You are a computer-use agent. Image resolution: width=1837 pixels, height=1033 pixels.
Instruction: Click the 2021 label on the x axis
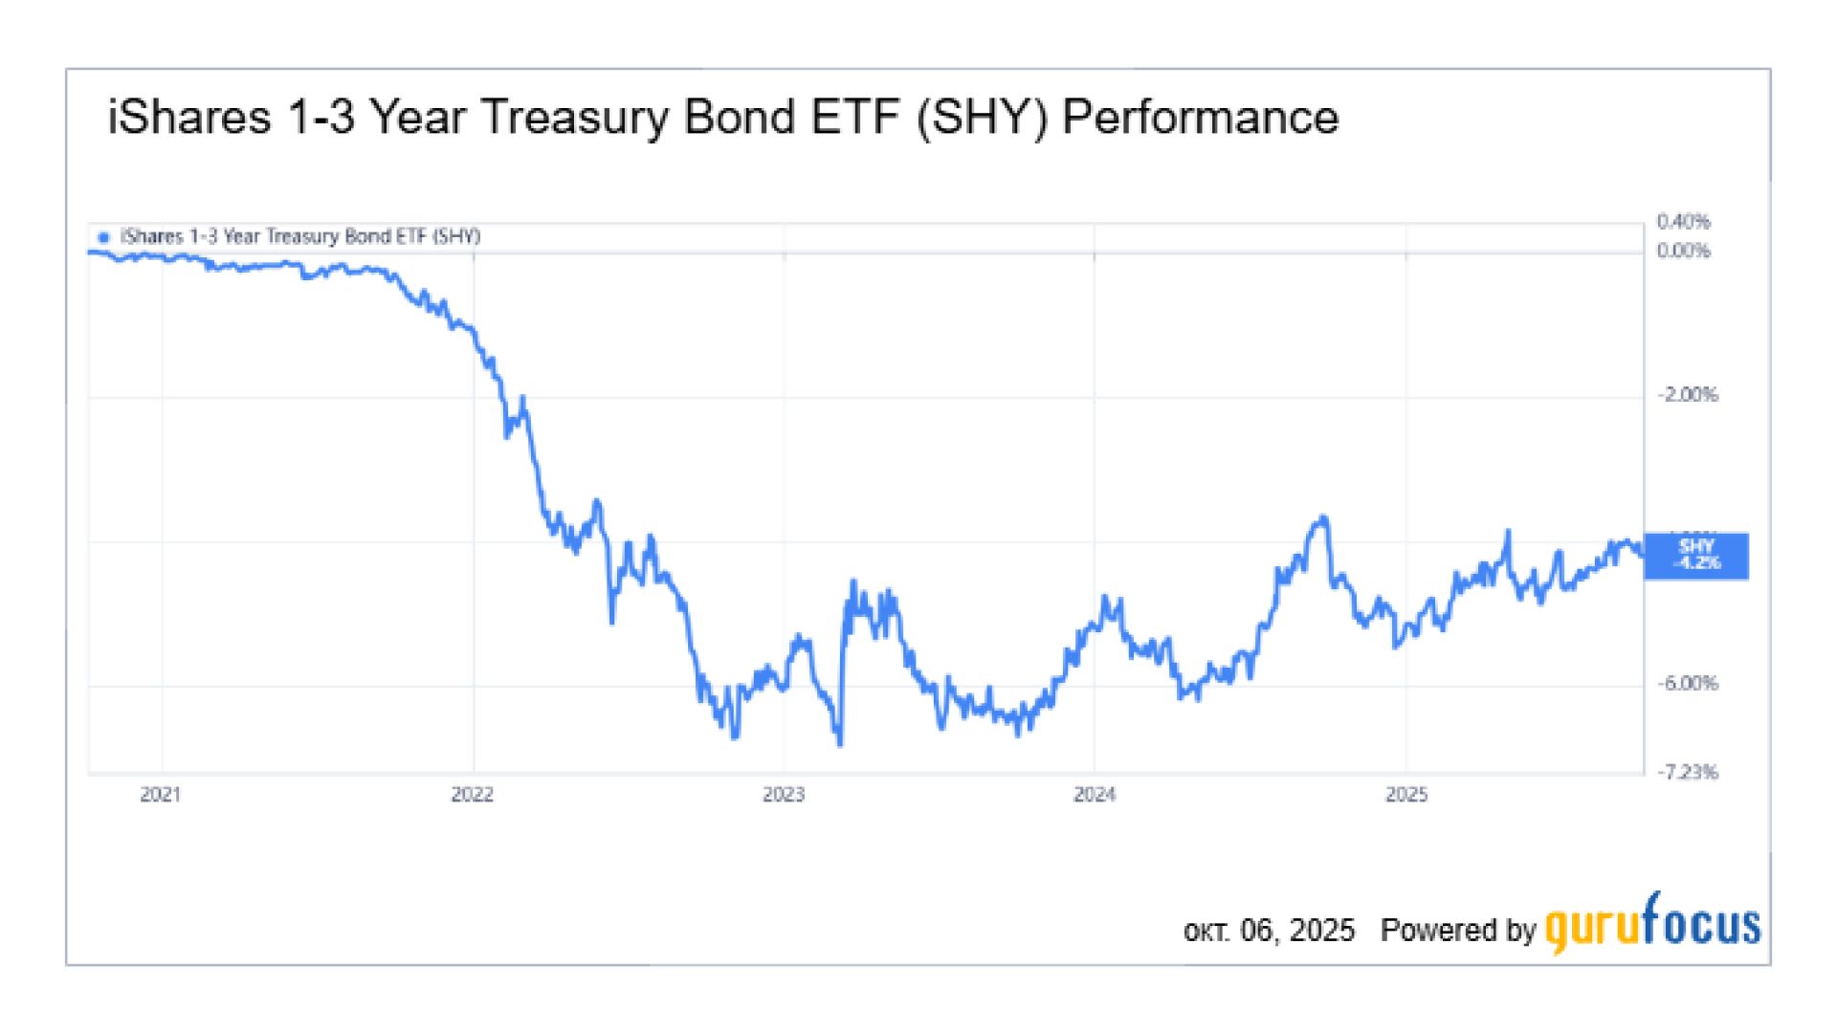point(160,795)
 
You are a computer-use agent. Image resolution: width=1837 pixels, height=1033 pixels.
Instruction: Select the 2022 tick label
point(472,795)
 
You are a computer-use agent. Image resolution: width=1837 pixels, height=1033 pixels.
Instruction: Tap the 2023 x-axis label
point(784,795)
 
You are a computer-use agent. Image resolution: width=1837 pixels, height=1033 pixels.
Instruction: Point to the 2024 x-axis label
point(1095,795)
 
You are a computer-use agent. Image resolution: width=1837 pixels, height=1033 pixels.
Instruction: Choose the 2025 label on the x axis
point(1406,795)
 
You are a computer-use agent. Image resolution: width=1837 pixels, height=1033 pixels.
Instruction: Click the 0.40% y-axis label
point(1683,222)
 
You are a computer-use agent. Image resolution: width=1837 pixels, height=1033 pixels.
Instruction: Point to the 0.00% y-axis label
point(1683,251)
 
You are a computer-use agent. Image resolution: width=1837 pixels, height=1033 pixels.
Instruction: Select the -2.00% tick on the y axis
point(1688,395)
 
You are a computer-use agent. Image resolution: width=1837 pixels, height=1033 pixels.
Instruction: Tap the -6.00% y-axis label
point(1688,684)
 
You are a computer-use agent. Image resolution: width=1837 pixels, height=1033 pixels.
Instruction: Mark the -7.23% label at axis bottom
point(1688,772)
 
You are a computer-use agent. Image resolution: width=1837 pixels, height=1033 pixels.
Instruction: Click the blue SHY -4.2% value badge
point(1696,556)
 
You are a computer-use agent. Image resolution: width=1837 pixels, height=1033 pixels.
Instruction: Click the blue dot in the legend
point(104,237)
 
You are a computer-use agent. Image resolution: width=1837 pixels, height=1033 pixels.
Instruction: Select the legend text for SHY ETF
point(300,236)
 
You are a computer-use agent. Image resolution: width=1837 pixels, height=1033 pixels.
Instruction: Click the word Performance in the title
point(1200,118)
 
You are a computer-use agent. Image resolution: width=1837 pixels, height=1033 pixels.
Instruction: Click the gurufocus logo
point(1652,924)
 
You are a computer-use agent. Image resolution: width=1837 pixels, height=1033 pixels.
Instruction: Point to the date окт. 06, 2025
point(1269,931)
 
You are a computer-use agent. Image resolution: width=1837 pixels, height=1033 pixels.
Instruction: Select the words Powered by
point(1457,931)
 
